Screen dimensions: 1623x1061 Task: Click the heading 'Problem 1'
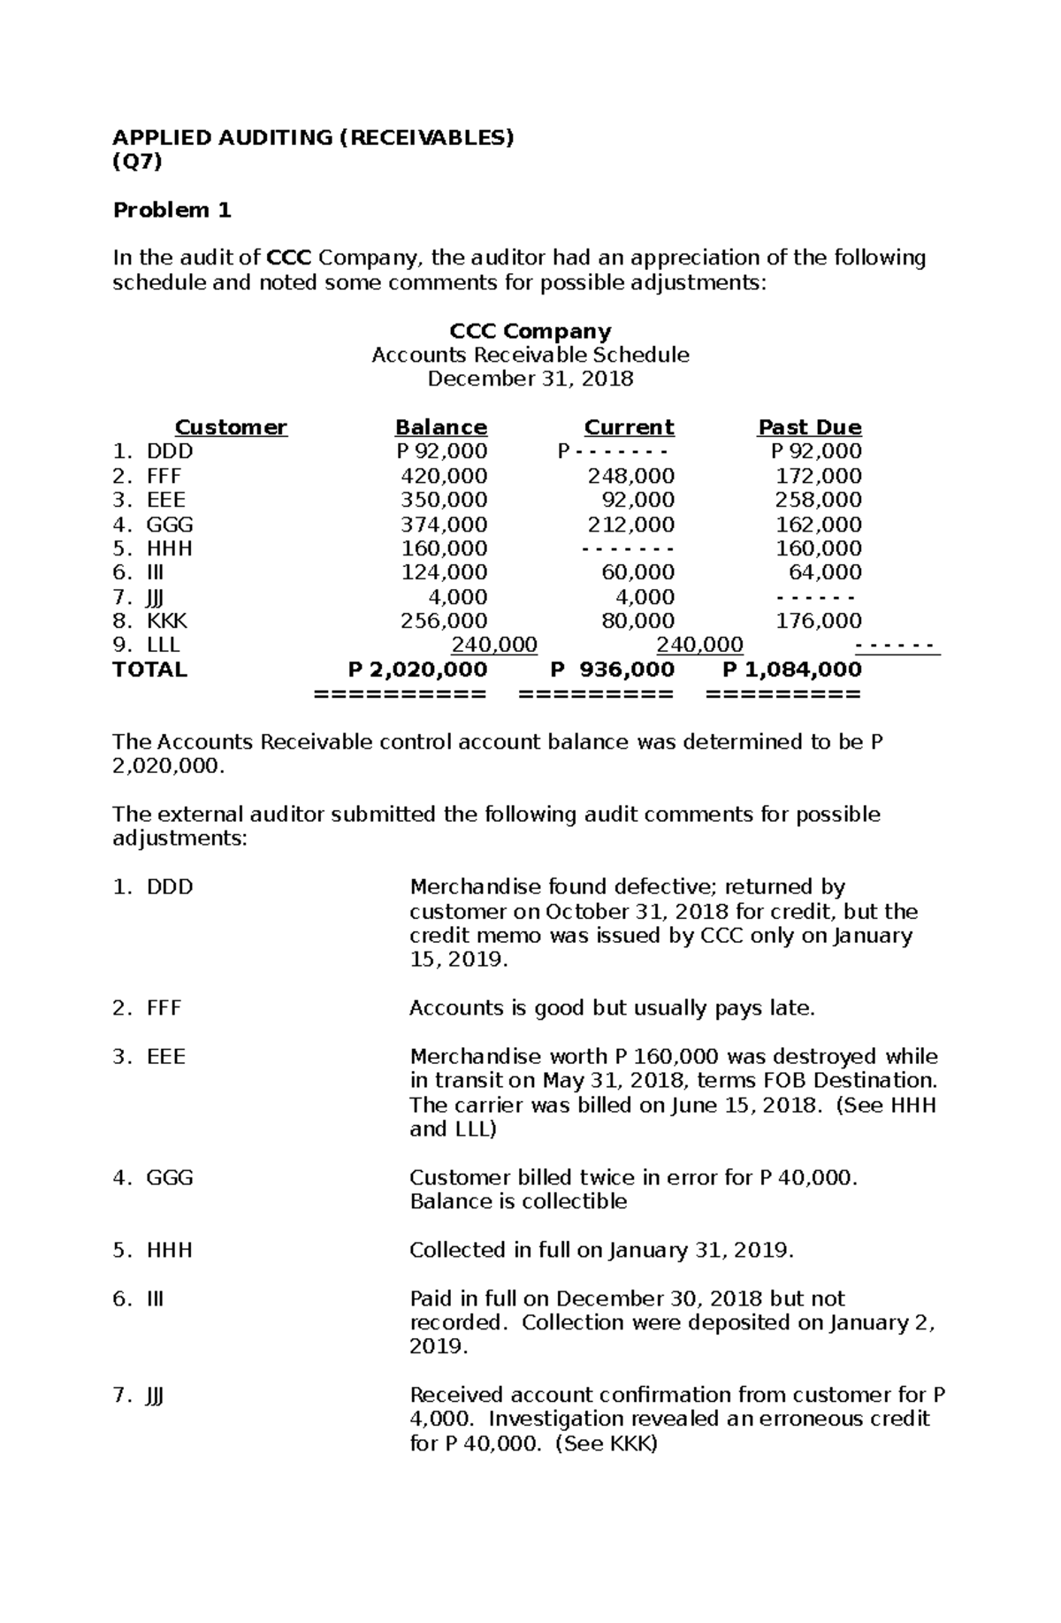[x=172, y=210]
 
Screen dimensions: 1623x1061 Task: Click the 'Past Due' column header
[x=809, y=427]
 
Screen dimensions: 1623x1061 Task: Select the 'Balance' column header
[x=440, y=427]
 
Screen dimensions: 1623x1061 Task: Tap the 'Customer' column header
[x=231, y=427]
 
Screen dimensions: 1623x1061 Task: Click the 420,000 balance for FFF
[x=444, y=476]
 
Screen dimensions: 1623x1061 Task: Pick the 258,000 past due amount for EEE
[x=818, y=500]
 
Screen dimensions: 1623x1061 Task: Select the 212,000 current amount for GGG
[x=631, y=524]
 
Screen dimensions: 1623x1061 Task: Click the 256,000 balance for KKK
[x=444, y=621]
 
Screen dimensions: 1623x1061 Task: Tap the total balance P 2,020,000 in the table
[x=417, y=670]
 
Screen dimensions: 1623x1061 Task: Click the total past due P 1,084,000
[x=791, y=670]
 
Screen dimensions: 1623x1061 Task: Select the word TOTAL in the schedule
[x=149, y=670]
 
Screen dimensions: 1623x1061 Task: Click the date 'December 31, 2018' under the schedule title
[x=530, y=379]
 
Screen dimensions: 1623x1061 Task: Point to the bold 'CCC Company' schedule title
[x=530, y=331]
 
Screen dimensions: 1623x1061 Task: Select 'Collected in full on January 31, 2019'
[x=601, y=1250]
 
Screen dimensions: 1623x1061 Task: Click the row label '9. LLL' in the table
[x=147, y=645]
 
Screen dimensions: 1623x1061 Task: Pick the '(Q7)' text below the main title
[x=137, y=161]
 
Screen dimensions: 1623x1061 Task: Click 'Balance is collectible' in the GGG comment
[x=518, y=1201]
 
